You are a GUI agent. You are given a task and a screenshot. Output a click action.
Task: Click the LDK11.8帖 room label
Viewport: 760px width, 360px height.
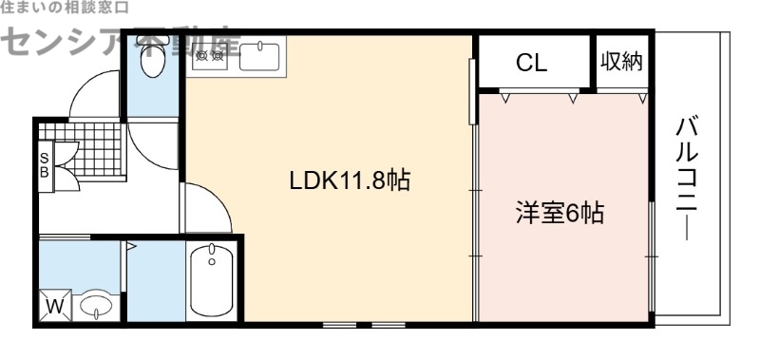(x=350, y=180)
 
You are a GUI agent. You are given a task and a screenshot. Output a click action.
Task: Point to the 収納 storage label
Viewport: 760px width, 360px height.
(x=622, y=62)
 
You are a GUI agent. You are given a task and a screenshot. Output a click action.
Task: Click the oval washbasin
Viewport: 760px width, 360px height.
(x=96, y=306)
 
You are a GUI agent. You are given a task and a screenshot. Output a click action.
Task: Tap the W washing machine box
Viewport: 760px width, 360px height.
(x=54, y=307)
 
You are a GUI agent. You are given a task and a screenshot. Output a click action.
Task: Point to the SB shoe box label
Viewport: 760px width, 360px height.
(x=44, y=165)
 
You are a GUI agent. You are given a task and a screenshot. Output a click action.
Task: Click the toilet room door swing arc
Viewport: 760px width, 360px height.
(x=152, y=142)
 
